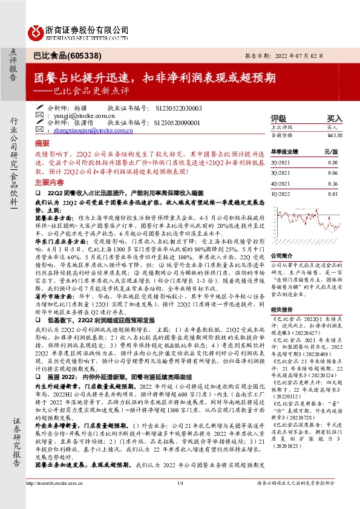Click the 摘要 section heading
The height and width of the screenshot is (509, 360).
[x=42, y=143]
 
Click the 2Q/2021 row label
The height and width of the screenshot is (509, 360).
[x=279, y=163]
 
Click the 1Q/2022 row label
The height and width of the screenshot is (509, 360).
[x=279, y=193]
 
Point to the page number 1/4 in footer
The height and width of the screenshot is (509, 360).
[x=180, y=499]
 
